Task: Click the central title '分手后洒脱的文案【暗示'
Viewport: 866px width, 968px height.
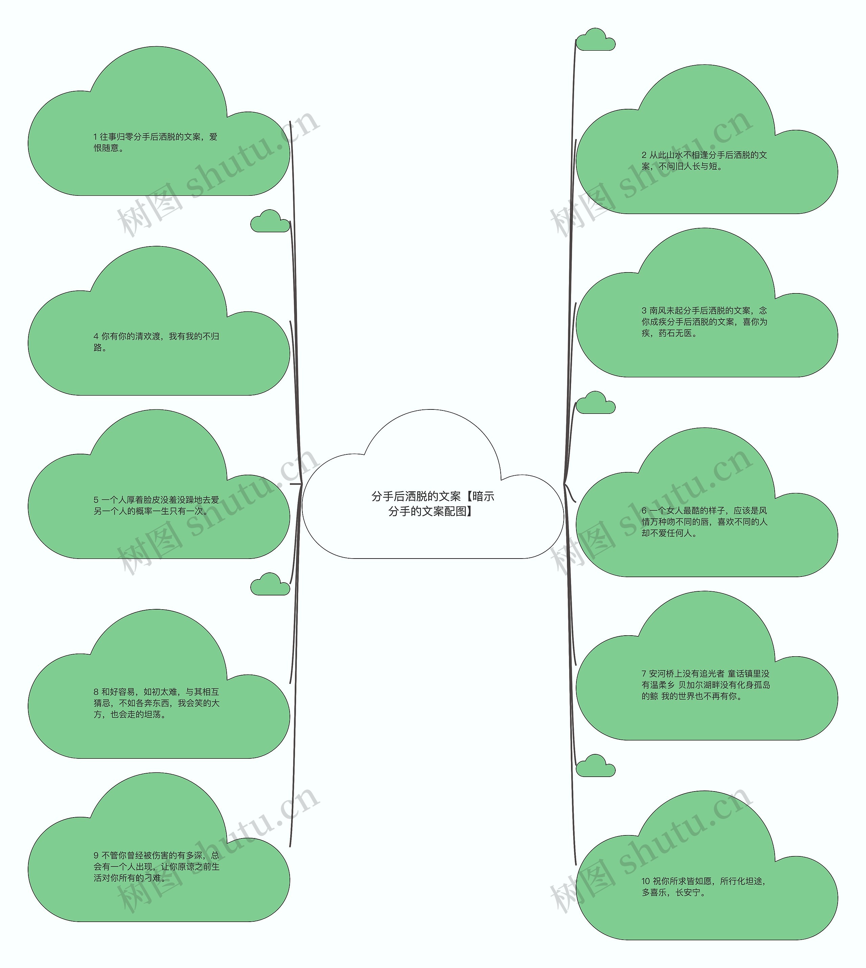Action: pos(433,496)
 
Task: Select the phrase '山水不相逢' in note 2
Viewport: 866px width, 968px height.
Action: pos(688,155)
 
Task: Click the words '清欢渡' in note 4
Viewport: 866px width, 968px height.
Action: pos(148,336)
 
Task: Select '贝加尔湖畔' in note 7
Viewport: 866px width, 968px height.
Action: pos(699,685)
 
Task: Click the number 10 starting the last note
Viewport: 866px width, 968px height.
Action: pos(646,881)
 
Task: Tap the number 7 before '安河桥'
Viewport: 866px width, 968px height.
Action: pos(644,674)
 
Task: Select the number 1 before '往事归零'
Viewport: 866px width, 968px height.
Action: pos(95,137)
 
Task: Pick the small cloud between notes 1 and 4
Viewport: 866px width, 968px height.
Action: pos(270,221)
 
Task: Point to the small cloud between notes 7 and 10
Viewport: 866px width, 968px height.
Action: pos(595,765)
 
